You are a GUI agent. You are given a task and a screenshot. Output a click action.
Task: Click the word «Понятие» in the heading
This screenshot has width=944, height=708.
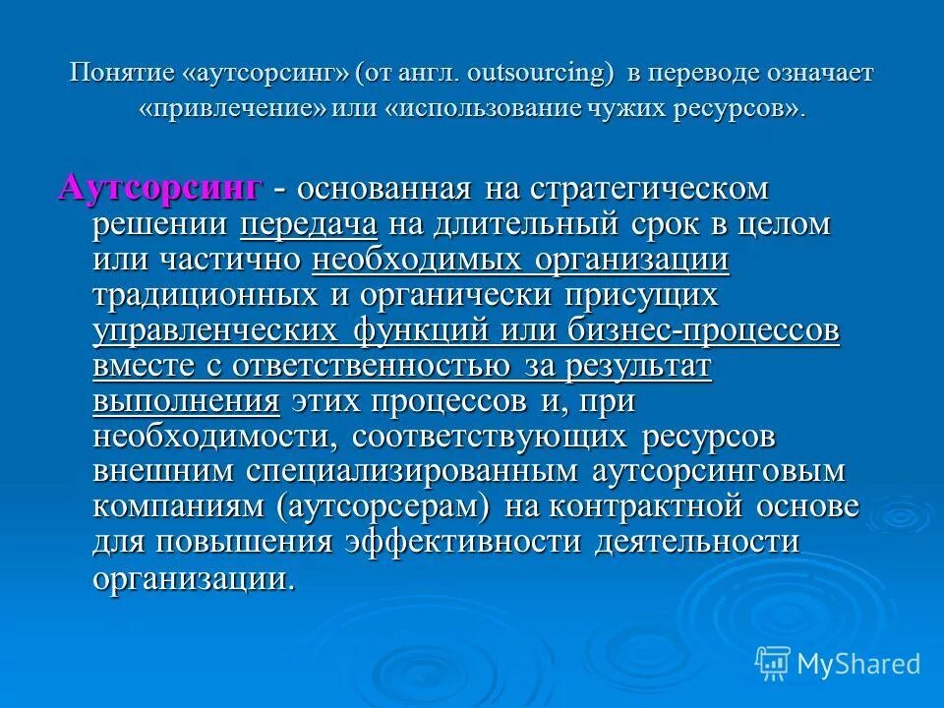click(x=123, y=75)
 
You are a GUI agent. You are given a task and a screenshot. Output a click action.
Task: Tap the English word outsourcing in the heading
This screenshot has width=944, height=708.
click(x=540, y=75)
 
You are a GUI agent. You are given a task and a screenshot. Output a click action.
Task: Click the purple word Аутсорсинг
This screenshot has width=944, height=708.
click(x=160, y=187)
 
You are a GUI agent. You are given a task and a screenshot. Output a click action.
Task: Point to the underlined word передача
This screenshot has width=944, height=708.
click(x=309, y=224)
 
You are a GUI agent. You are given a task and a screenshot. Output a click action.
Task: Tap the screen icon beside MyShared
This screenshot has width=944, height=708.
click(x=773, y=663)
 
